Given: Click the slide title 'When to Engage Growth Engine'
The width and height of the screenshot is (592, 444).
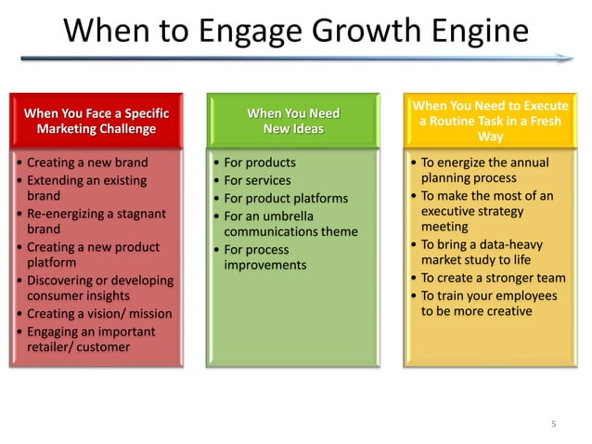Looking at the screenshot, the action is (x=295, y=32).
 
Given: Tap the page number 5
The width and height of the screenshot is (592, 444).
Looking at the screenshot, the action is (x=554, y=424).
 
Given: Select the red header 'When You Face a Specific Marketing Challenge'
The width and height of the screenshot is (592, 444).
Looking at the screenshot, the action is (x=97, y=121).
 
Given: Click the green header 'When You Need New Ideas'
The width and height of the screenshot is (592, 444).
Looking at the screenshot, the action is (x=293, y=121).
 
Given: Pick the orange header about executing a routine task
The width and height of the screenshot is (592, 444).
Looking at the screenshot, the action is (x=490, y=121).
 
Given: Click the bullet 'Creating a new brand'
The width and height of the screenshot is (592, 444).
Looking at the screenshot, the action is (x=86, y=163).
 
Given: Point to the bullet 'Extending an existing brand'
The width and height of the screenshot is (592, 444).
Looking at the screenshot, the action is (x=86, y=188).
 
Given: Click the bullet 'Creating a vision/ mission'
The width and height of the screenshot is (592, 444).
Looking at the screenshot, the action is (x=93, y=314).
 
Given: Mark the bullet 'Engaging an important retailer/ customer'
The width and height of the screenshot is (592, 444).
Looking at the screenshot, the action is (x=89, y=339).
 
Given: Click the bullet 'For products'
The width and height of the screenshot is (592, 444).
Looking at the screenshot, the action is (x=260, y=163).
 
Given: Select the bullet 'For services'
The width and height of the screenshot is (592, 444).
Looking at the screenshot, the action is (x=257, y=180).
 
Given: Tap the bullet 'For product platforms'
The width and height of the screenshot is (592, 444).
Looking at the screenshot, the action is (x=286, y=198).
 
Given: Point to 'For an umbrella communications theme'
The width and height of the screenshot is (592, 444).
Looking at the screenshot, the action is (x=290, y=224).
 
